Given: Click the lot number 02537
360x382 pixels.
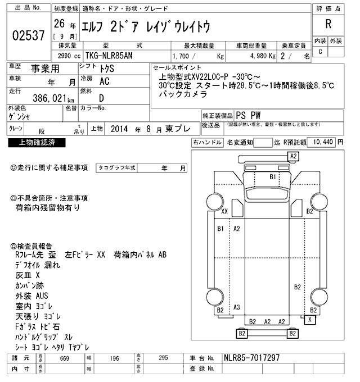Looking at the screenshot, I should [28, 36].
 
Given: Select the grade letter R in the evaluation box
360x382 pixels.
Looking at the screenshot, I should [328, 25].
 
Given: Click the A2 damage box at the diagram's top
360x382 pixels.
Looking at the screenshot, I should [293, 156].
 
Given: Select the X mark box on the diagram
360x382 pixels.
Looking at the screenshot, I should [309, 319].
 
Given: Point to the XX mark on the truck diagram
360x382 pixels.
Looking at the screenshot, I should [224, 211].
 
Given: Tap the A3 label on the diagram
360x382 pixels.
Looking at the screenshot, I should [237, 307].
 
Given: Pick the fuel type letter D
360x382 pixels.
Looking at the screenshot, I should [101, 97].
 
